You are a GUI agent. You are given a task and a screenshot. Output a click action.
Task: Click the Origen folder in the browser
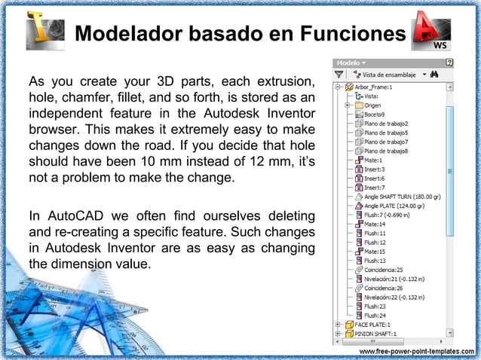pyautogui.click(x=375, y=105)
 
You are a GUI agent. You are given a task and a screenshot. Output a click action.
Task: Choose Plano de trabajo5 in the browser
pyautogui.click(x=385, y=133)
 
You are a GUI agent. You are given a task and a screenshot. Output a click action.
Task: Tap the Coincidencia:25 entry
pyautogui.click(x=384, y=270)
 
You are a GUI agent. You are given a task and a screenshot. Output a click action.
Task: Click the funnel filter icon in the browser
pyautogui.click(x=340, y=75)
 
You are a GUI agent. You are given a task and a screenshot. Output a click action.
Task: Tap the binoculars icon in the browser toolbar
pyautogui.click(x=435, y=75)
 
